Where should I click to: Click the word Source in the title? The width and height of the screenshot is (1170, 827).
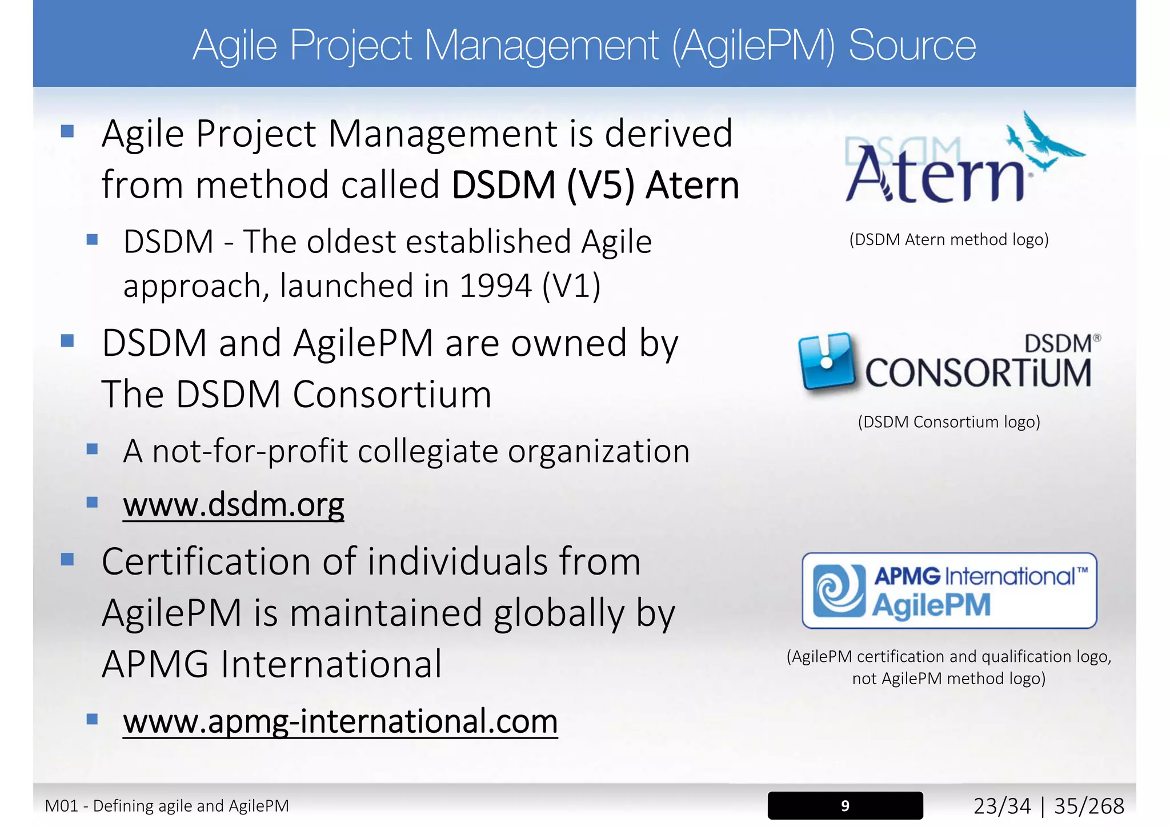click(912, 46)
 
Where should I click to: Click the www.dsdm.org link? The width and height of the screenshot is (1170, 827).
click(233, 505)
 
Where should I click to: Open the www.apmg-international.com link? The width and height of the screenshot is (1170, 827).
click(340, 721)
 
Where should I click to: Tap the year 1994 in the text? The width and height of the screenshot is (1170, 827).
click(495, 286)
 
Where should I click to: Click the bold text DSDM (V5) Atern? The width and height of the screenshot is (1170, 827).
click(595, 185)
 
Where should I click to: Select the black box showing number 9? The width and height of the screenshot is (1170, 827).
click(844, 805)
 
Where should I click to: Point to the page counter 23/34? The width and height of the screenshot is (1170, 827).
click(1002, 806)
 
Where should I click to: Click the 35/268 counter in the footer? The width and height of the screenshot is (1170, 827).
click(1089, 806)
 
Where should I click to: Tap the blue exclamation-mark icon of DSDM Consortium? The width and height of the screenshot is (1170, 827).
click(827, 362)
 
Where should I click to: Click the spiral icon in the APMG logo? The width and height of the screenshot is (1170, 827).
click(839, 591)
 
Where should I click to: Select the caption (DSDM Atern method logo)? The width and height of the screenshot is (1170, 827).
click(949, 239)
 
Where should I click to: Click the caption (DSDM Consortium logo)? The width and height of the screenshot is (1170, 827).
click(949, 422)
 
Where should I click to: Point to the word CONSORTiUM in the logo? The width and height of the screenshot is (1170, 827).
click(977, 374)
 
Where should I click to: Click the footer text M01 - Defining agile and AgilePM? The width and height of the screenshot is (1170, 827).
click(167, 806)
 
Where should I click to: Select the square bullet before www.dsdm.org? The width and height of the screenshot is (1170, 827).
click(92, 502)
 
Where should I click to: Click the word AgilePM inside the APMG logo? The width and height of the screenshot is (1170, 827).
click(931, 605)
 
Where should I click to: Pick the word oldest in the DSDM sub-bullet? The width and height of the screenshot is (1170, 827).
click(350, 242)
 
